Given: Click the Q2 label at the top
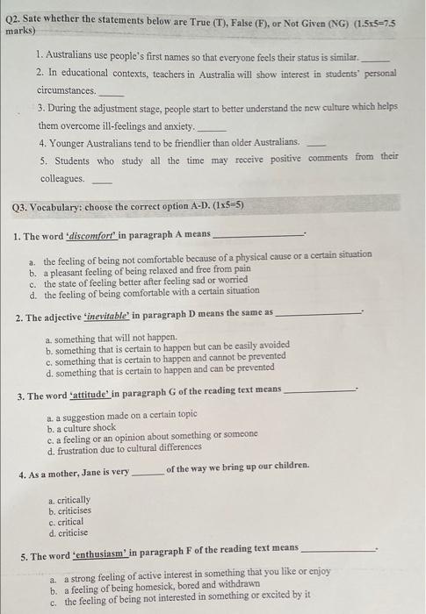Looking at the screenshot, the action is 14,18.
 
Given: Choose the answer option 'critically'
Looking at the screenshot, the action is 71,500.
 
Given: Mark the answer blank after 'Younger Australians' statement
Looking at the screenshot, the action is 316,143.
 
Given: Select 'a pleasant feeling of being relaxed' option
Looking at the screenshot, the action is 146,269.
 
